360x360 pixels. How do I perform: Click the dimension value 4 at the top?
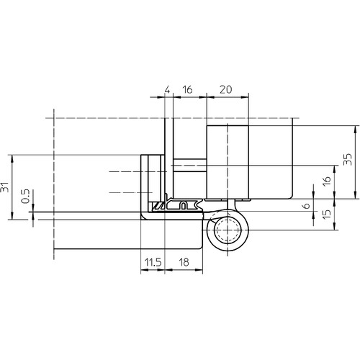click(168, 89)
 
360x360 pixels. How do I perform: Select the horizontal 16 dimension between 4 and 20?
click(187, 89)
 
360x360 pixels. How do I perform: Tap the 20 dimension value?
click(226, 89)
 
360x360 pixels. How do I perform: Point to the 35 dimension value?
click(348, 159)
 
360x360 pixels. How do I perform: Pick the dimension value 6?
click(307, 206)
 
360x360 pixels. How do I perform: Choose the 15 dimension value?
click(327, 214)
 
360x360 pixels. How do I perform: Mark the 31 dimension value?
click(5, 187)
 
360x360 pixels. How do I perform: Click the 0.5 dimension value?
click(25, 196)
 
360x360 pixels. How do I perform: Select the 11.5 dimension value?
click(153, 262)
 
